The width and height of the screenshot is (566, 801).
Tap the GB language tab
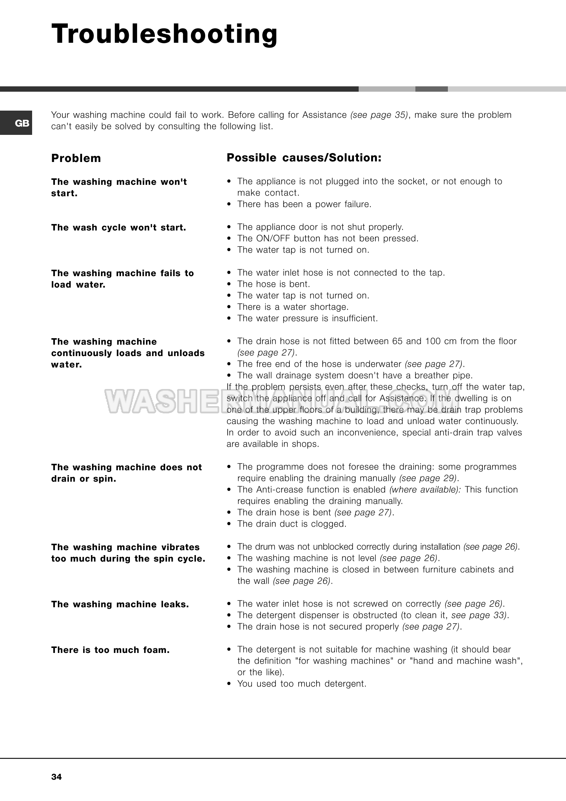(x=22, y=123)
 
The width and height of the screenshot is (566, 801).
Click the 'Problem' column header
(x=76, y=158)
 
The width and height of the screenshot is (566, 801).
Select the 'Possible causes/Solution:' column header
(x=304, y=158)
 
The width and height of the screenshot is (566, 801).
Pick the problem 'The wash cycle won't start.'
(x=118, y=228)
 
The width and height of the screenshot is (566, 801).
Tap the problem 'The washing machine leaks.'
(x=120, y=604)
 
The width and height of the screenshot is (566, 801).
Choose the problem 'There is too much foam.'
(x=110, y=650)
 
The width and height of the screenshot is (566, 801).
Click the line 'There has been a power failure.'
(x=304, y=204)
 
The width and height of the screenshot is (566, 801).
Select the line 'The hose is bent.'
(x=273, y=284)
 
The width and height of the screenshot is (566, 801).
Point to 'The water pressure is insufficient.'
(x=307, y=319)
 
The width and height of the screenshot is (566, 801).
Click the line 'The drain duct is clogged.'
(x=292, y=524)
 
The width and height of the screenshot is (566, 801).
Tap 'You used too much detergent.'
(x=302, y=684)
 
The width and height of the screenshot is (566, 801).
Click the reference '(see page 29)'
(x=428, y=478)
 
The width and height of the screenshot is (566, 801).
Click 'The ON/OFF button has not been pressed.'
(x=328, y=239)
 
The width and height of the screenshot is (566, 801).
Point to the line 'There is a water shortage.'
(x=293, y=307)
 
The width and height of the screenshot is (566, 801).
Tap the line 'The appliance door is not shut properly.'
(x=320, y=227)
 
